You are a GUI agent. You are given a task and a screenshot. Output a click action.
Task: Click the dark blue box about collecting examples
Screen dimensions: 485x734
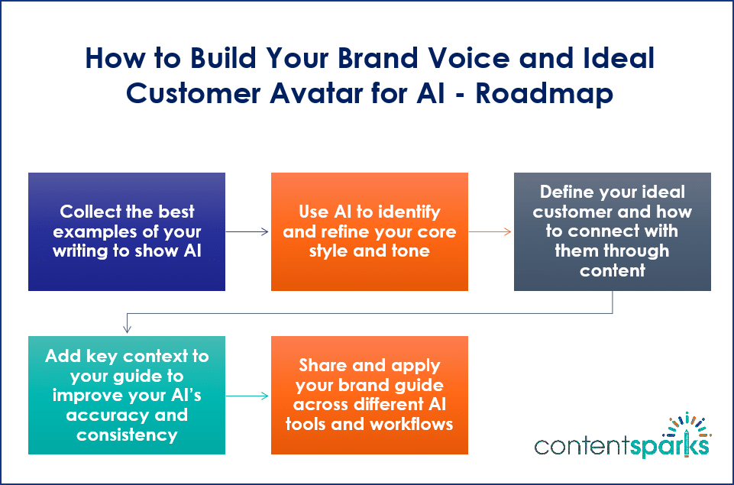point(127,231)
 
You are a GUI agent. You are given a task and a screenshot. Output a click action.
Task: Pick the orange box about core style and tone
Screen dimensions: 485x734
point(370,231)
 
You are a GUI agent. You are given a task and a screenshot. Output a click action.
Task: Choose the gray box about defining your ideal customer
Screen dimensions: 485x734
point(613,231)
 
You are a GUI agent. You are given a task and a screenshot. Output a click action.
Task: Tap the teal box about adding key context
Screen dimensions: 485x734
point(127,395)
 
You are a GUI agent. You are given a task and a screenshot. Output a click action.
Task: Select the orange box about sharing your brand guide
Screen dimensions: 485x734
point(370,395)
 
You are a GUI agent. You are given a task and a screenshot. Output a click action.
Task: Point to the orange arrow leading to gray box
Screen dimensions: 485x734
point(490,231)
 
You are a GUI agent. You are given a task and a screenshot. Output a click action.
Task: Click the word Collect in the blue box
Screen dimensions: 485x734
point(89,212)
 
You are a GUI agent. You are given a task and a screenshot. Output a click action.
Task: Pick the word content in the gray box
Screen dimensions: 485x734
point(613,270)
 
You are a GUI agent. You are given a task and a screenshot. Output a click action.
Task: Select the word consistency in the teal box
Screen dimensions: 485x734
point(127,435)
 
